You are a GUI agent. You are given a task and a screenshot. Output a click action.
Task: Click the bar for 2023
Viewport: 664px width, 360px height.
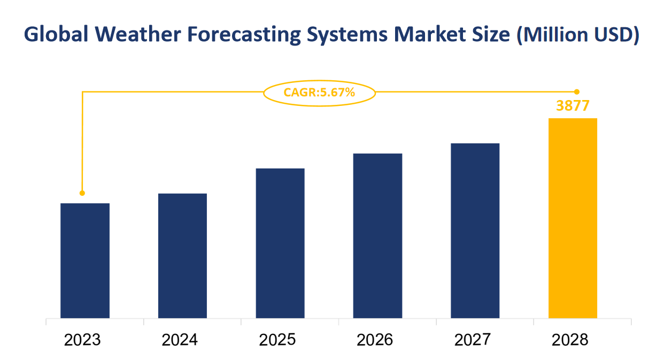tap(85, 261)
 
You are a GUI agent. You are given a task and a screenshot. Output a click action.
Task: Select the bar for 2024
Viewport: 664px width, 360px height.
tap(182, 256)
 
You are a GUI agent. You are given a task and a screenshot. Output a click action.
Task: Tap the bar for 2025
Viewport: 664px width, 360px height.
tap(280, 243)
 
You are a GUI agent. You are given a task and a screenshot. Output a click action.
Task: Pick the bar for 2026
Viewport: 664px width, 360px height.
tap(377, 236)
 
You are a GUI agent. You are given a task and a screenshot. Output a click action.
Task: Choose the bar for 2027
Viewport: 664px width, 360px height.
tap(475, 231)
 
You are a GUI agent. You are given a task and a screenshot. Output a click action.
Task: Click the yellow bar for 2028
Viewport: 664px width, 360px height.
tap(573, 218)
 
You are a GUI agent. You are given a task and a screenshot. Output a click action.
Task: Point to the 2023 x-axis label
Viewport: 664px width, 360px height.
tap(82, 340)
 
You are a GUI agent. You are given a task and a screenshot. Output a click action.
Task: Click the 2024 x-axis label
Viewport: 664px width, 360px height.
tap(180, 340)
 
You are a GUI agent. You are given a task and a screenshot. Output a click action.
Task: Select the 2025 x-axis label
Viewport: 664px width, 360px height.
tap(277, 340)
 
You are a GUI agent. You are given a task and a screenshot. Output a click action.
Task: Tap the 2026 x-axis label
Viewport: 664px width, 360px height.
tap(375, 340)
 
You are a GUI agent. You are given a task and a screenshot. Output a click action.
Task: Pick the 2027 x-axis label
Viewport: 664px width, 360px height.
tap(473, 340)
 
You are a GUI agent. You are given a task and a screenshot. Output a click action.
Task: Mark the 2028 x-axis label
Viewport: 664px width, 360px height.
tap(570, 340)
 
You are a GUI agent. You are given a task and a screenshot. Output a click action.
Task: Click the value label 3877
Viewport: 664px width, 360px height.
tap(573, 106)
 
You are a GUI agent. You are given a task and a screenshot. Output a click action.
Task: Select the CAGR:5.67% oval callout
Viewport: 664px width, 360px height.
tap(319, 93)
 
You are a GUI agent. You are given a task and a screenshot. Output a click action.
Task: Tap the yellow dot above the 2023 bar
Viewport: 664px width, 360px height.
tap(82, 193)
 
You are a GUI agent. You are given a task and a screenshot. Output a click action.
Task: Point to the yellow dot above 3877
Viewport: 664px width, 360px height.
tap(577, 92)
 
